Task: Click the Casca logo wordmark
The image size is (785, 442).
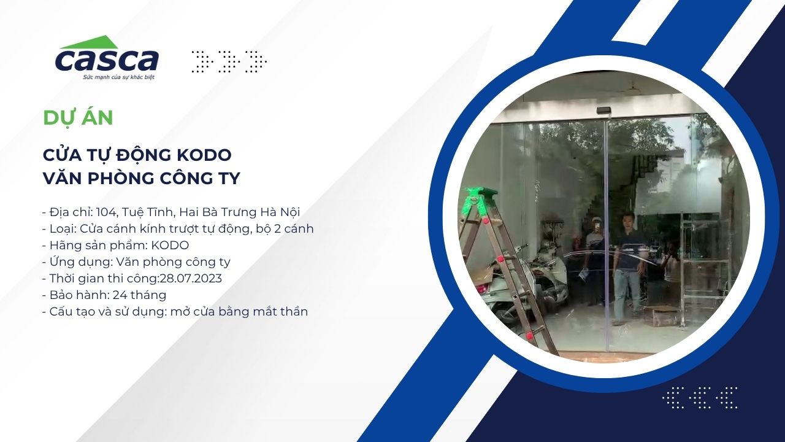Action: pos(107,61)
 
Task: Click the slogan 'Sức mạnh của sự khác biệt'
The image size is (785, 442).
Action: pos(118,77)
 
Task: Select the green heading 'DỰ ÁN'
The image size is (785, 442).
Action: pos(78,118)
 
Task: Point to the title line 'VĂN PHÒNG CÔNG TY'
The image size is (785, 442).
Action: pos(142,178)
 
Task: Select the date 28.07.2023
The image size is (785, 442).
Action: pos(191,279)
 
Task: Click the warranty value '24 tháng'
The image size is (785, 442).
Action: pos(139,295)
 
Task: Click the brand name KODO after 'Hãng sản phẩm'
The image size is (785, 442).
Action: pos(170,246)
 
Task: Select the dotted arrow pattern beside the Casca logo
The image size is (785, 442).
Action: pos(229,62)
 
